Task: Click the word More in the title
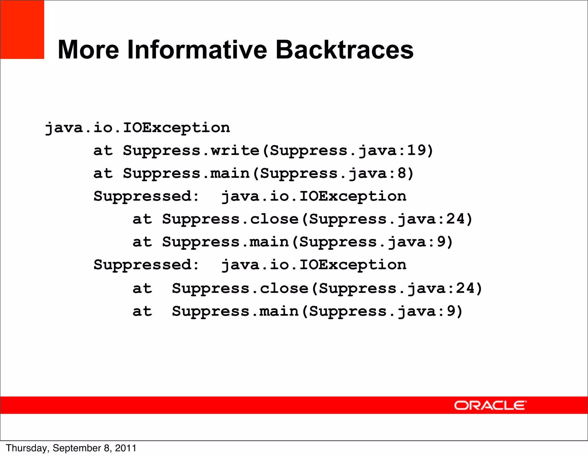click(88, 50)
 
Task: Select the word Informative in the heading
click(197, 50)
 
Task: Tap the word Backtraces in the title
click(344, 50)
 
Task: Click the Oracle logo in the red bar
click(490, 405)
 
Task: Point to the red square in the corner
click(22, 30)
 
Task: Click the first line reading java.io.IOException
click(138, 128)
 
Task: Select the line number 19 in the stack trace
click(417, 150)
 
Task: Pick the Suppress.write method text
click(191, 151)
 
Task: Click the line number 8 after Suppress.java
click(402, 173)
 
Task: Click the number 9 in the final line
click(451, 311)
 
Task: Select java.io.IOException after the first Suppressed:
click(314, 197)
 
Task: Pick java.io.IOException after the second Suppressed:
click(314, 265)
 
